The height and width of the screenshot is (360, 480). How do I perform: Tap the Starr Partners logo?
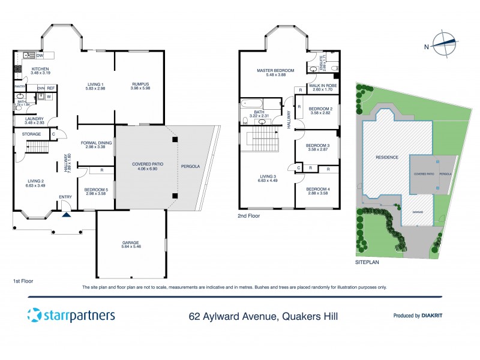pyautogui.click(x=71, y=315)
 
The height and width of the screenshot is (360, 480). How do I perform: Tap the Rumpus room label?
pyautogui.click(x=139, y=86)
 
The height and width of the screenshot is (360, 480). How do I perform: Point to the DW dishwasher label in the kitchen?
pyautogui.click(x=40, y=56)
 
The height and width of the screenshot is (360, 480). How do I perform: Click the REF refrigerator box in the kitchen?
pyautogui.click(x=51, y=89)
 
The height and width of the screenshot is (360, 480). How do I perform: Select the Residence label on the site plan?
pyautogui.click(x=386, y=157)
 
